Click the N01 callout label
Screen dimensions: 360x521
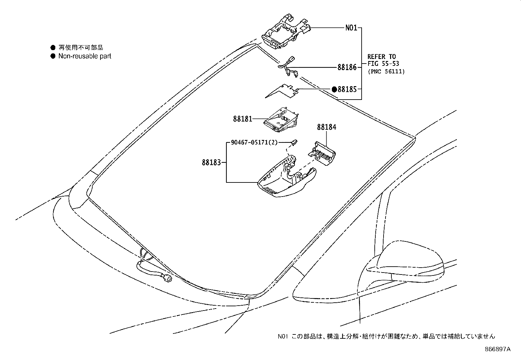[351, 28]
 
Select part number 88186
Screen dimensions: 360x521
[347, 68]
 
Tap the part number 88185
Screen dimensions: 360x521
[347, 89]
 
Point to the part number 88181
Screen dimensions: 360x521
[243, 119]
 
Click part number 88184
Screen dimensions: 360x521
[326, 127]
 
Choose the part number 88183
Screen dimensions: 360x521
[211, 162]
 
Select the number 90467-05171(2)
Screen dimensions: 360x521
[254, 142]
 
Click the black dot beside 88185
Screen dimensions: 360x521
[334, 89]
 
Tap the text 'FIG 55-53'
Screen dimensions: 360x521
[383, 64]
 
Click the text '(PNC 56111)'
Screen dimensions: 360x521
[386, 71]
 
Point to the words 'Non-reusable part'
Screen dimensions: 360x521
[85, 56]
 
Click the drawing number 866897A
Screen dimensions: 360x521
[497, 349]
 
